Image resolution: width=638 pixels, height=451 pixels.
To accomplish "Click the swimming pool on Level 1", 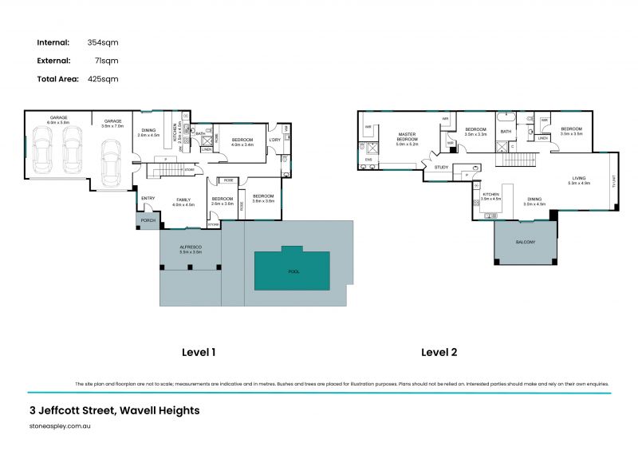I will click(x=291, y=271).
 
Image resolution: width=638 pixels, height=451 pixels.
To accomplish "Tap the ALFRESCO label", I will click(x=191, y=247).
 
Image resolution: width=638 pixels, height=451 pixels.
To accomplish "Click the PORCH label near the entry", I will click(x=148, y=221).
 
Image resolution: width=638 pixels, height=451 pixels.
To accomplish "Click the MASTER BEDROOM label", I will click(x=407, y=140).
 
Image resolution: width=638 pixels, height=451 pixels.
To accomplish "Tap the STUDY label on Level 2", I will click(x=441, y=168).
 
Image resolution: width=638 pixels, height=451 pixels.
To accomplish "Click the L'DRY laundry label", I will click(x=274, y=140).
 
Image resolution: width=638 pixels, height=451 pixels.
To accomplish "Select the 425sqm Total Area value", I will click(x=104, y=79).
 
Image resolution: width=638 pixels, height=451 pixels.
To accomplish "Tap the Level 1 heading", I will click(x=199, y=351).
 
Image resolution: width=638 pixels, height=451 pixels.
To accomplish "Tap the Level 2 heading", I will click(x=439, y=351).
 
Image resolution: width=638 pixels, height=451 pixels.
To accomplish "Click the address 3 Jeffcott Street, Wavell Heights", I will click(x=113, y=411).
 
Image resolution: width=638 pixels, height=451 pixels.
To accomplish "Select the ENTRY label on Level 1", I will click(x=148, y=198).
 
